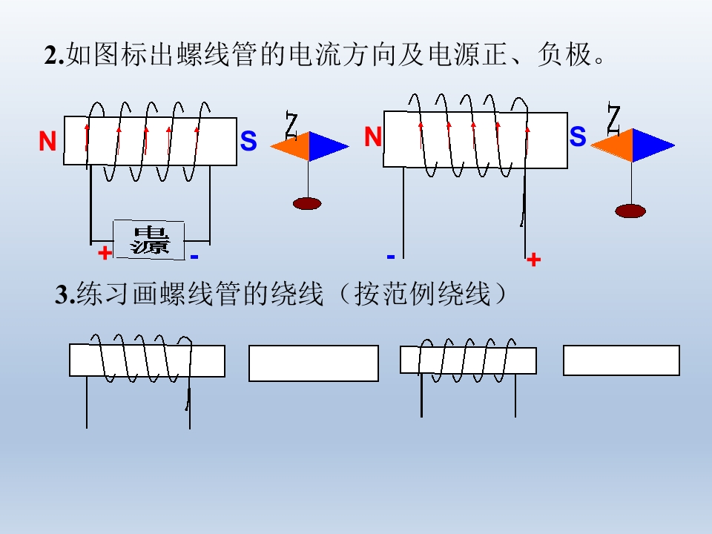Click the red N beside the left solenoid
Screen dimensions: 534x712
48,142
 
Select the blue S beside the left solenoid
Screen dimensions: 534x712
248,142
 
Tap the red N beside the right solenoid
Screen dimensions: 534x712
373,137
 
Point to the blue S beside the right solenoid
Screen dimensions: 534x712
578,136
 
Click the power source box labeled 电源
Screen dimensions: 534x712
148,240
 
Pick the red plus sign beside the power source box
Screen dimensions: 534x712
105,253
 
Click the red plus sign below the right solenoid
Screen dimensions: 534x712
533,260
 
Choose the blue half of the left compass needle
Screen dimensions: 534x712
326,146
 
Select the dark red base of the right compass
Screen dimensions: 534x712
630,211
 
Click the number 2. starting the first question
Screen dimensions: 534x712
54,56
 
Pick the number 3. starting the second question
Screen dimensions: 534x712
65,295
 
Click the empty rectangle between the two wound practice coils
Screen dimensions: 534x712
313,363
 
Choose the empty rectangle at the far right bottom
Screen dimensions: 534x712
621,360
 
